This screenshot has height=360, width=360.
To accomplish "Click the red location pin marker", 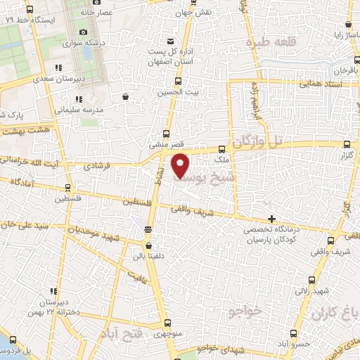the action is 181,165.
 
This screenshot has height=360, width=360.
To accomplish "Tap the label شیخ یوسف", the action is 199,179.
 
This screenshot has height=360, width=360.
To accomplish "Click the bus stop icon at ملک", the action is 221,149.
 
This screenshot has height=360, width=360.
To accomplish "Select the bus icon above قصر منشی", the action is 166,134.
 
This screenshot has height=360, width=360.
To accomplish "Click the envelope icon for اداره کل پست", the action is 169,40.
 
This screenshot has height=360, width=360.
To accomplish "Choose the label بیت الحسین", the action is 168,92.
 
